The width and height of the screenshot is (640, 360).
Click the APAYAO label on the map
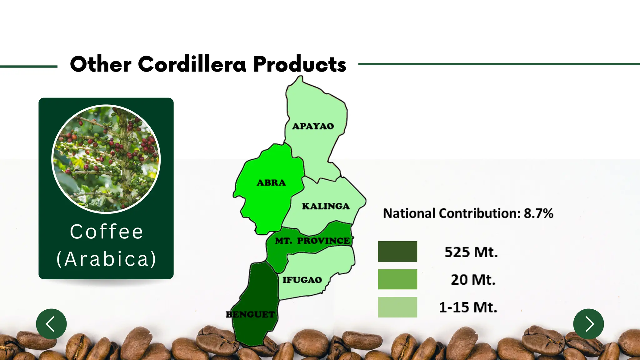pos(313,126)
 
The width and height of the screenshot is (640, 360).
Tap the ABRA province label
pos(271,183)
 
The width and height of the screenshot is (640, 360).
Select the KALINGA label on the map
pos(326,206)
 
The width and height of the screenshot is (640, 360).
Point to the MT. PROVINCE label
pos(312,241)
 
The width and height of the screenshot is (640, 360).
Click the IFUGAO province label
pos(302,280)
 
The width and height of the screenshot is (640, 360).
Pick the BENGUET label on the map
pos(250,314)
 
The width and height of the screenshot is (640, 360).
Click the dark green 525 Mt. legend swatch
pos(397,251)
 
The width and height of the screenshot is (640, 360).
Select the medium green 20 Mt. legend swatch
pos(397,279)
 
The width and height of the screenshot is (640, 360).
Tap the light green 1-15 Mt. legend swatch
pos(397,307)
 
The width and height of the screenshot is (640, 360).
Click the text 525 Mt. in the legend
pos(471,252)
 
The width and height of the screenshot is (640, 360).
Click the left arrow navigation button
pos(51,324)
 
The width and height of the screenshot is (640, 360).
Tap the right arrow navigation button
pos(588,324)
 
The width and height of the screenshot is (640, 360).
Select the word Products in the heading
pos(299,64)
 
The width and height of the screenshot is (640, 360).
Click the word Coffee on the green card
pos(106,232)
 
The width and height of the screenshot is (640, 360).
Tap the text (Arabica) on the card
pos(106,259)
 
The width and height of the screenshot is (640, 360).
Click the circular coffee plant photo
pos(106,159)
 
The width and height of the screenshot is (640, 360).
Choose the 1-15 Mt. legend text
pos(468,307)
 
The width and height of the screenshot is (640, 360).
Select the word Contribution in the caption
pos(479,213)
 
